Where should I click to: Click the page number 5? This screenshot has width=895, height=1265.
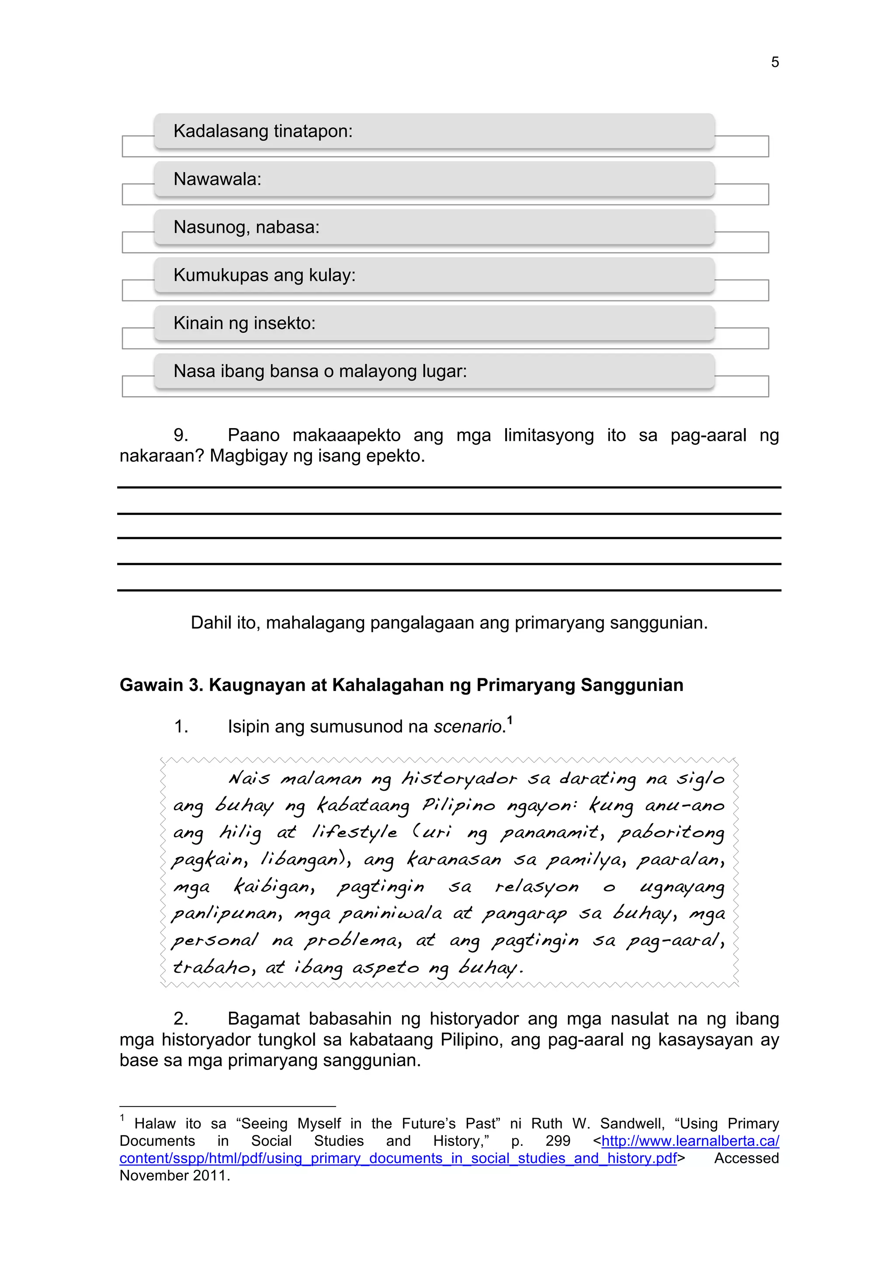[x=774, y=62]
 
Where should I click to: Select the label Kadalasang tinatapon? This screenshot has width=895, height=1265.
[x=263, y=131]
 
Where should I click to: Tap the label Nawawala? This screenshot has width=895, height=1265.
[x=217, y=179]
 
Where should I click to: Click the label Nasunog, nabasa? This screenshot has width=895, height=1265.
[x=246, y=227]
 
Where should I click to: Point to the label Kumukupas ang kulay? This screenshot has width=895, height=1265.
[x=264, y=275]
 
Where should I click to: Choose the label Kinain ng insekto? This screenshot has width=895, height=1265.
[x=244, y=323]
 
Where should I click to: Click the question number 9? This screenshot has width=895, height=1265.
[x=181, y=435]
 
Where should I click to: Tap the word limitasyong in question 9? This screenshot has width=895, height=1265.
[x=548, y=435]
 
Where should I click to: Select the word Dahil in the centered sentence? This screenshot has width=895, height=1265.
[x=211, y=622]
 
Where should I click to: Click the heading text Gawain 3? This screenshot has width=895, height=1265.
[x=161, y=685]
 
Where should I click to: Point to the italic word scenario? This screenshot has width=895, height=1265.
[x=468, y=727]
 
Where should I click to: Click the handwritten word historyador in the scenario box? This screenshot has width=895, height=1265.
[x=459, y=778]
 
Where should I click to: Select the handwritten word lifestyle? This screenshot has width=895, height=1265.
[x=354, y=832]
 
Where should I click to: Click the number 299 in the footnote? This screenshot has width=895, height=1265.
[x=558, y=1141]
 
